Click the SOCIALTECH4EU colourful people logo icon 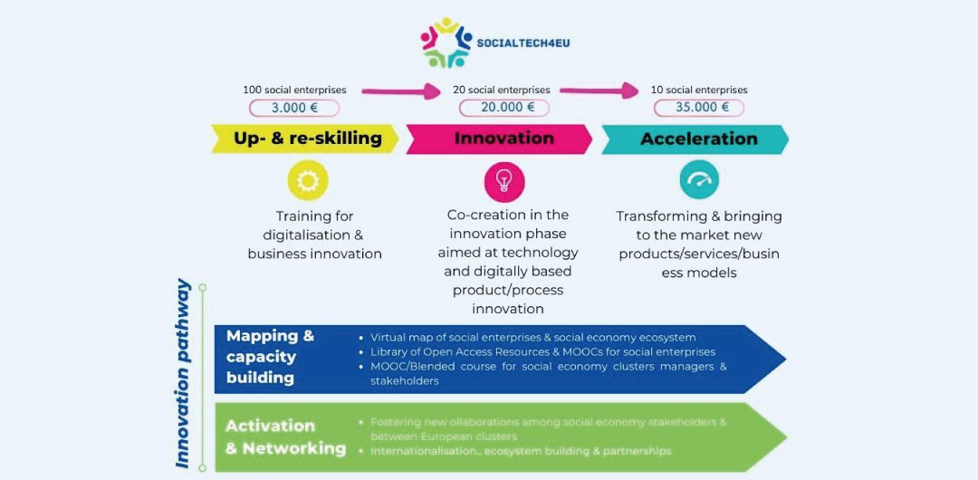point(446,43)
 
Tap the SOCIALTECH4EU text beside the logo point(524,43)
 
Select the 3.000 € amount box point(294,108)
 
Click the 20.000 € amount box point(503,108)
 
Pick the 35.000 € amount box point(699,108)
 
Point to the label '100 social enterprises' point(294,90)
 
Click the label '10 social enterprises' point(699,90)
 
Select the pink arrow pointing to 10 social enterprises point(599,91)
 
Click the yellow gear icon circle point(308,181)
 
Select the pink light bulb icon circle point(504,181)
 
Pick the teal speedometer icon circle point(699,179)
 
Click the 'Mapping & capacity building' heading point(270,357)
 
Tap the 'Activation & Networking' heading point(285,437)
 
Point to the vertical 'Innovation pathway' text point(183,373)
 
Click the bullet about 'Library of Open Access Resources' point(542,351)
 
